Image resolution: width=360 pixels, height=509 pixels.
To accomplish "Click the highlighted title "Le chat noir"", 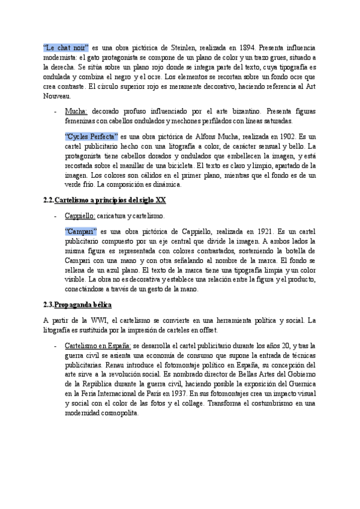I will tap(66, 47).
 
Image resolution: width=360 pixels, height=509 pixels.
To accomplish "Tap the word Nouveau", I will tap(58, 95).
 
